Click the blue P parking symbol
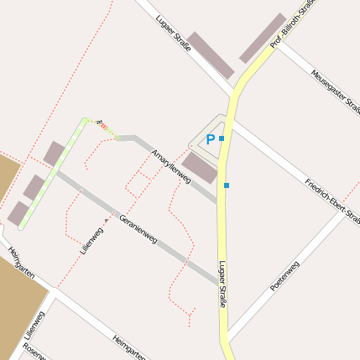pos(210,140)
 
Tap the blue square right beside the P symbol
pos(222,138)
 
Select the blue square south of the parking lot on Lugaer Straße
pos(227,185)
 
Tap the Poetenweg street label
pos(284,277)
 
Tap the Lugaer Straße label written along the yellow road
pos(222,284)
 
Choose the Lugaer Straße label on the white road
pos(173,33)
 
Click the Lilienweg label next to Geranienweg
pos(91,237)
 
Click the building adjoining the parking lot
pos(200,167)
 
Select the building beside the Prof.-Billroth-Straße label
pos(263,38)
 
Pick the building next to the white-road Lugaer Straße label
pos(210,56)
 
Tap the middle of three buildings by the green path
pos(34,187)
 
